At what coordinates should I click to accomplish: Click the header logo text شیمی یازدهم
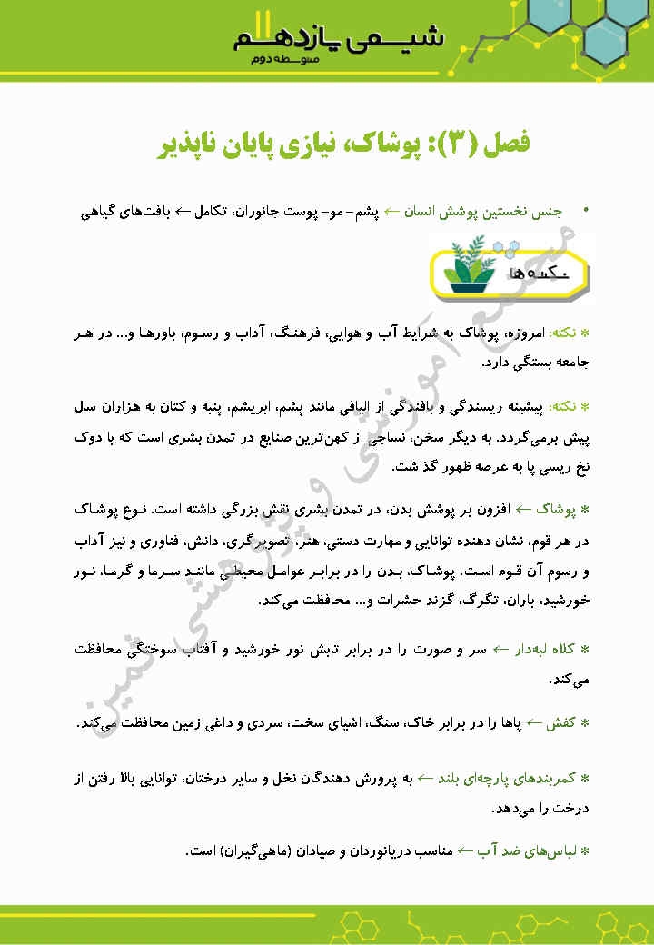339,38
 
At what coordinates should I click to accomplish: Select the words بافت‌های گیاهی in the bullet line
124,211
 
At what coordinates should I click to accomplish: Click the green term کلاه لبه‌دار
545,650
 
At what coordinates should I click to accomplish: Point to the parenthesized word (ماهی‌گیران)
251,851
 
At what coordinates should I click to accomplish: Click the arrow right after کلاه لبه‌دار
500,650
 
